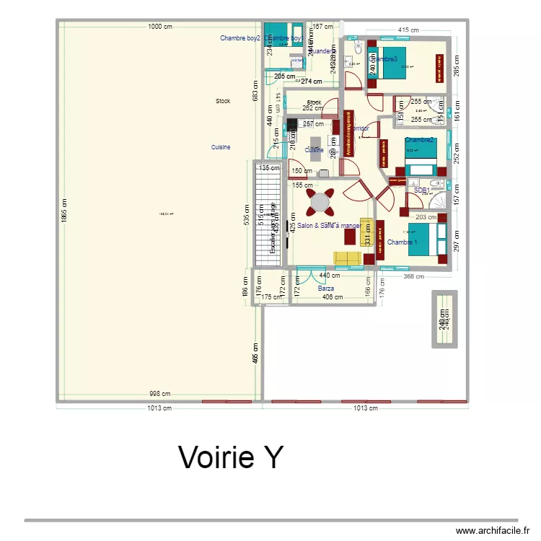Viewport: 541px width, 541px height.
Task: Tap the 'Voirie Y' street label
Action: [x=231, y=457]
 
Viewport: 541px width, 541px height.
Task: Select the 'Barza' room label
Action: [x=326, y=288]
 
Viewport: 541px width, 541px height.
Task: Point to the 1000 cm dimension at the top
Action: [x=159, y=27]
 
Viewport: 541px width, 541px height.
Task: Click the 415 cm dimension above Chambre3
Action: [x=408, y=30]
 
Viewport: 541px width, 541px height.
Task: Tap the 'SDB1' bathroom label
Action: [x=422, y=190]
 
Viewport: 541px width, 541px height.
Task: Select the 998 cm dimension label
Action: [x=159, y=394]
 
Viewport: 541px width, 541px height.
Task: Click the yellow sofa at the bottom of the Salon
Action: [x=347, y=258]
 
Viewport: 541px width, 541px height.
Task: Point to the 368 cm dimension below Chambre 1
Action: [x=413, y=276]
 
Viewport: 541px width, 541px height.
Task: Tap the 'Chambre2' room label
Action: [x=419, y=140]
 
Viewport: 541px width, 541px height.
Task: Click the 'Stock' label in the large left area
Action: [x=223, y=101]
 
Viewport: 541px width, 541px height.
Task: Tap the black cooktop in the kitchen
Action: [x=291, y=123]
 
